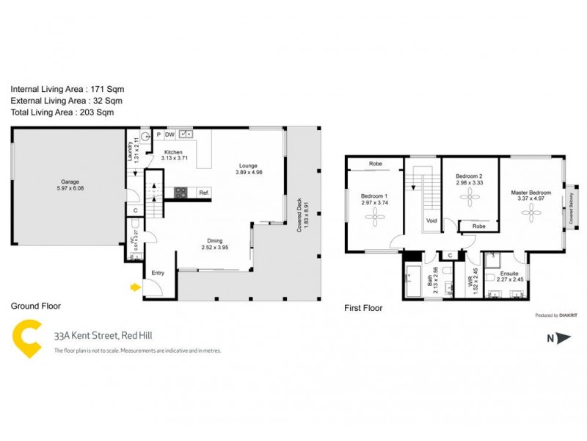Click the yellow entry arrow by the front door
click(134, 287)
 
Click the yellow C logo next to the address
click(29, 340)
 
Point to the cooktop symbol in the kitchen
click(181, 193)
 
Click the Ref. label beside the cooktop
click(203, 193)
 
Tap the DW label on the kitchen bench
click(169, 135)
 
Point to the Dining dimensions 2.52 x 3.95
click(215, 248)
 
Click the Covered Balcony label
click(570, 207)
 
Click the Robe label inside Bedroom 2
click(479, 226)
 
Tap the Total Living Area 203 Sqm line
click(62, 112)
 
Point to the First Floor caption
click(363, 309)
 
